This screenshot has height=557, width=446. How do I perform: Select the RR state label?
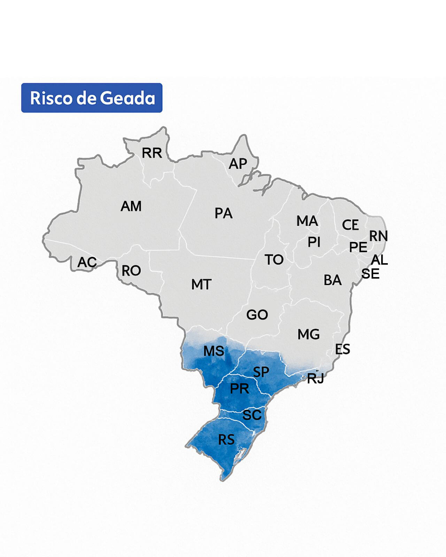click(x=152, y=153)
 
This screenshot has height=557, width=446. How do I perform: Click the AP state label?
click(x=238, y=164)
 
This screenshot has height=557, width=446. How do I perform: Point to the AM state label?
click(x=131, y=206)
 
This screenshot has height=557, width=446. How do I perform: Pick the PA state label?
click(x=223, y=213)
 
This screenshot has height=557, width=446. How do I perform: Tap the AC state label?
click(x=87, y=262)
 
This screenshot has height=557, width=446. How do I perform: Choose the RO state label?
click(x=131, y=271)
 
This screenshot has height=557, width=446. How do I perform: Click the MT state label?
click(x=201, y=285)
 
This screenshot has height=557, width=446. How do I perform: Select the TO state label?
click(x=274, y=260)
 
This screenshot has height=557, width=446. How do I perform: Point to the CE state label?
click(x=350, y=225)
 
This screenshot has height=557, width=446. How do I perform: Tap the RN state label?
click(x=378, y=236)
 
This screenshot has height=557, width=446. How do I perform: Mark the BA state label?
click(x=332, y=280)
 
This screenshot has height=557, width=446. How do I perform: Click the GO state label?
click(x=257, y=315)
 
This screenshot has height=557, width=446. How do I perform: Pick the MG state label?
click(x=308, y=335)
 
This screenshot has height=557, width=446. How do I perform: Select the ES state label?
click(x=343, y=349)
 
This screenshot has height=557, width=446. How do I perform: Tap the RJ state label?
click(x=316, y=378)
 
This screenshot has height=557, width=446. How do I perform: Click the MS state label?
click(x=214, y=351)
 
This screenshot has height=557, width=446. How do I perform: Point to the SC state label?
click(x=252, y=415)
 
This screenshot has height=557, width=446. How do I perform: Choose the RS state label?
click(x=226, y=440)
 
